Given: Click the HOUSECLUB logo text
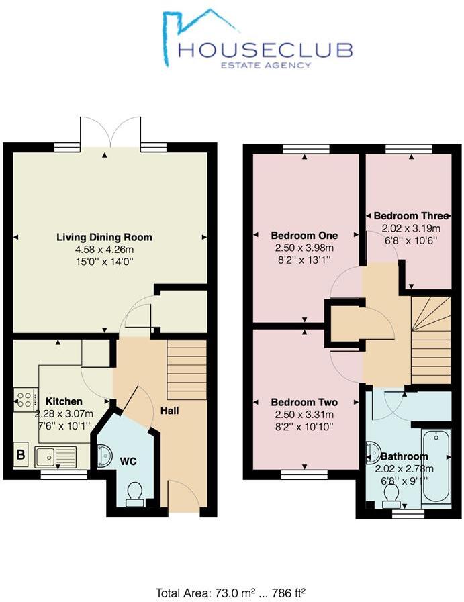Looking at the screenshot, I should click(x=265, y=49).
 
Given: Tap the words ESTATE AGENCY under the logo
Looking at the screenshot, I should click(x=267, y=65).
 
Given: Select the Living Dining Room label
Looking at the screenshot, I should click(x=104, y=237).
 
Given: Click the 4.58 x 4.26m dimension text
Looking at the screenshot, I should click(x=104, y=250).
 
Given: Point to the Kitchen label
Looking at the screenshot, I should click(x=64, y=401).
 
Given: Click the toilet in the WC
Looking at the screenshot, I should click(x=134, y=492).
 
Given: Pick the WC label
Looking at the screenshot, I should click(x=128, y=462).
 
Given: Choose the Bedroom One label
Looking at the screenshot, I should click(x=304, y=236).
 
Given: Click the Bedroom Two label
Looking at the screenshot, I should click(x=304, y=402).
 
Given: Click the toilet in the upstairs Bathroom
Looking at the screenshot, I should click(x=390, y=494).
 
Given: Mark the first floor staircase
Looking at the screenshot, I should click(x=429, y=338).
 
